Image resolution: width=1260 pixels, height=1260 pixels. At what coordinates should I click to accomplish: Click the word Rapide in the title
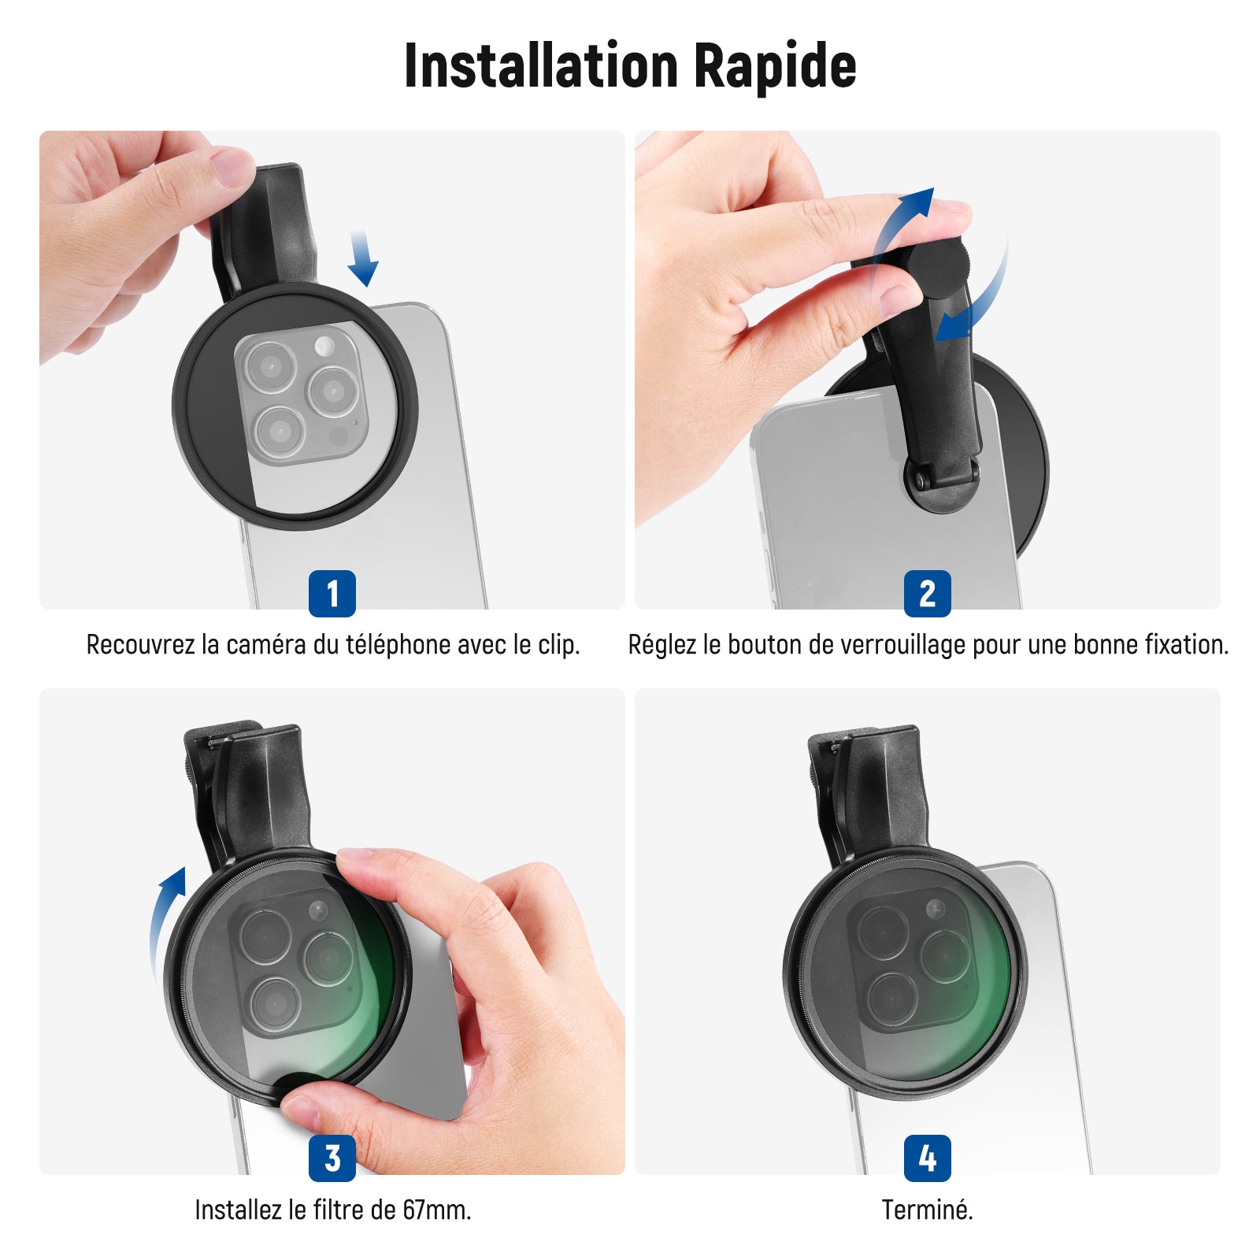[775, 66]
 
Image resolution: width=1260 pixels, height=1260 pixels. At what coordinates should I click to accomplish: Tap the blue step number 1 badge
[332, 593]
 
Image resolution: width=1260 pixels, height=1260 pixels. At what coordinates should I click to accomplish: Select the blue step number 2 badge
[928, 593]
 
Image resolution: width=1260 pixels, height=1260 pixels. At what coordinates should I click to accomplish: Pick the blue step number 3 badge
[332, 1158]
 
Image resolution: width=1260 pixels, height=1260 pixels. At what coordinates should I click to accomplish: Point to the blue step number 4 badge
[928, 1158]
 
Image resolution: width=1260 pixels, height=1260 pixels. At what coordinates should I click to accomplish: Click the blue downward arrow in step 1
[362, 258]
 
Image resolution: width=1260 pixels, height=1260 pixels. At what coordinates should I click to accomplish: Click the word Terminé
[928, 1210]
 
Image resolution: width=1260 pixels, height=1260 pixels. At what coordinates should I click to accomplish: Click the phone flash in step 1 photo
[324, 345]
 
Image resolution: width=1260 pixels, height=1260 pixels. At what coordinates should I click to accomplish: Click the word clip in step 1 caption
[559, 645]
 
